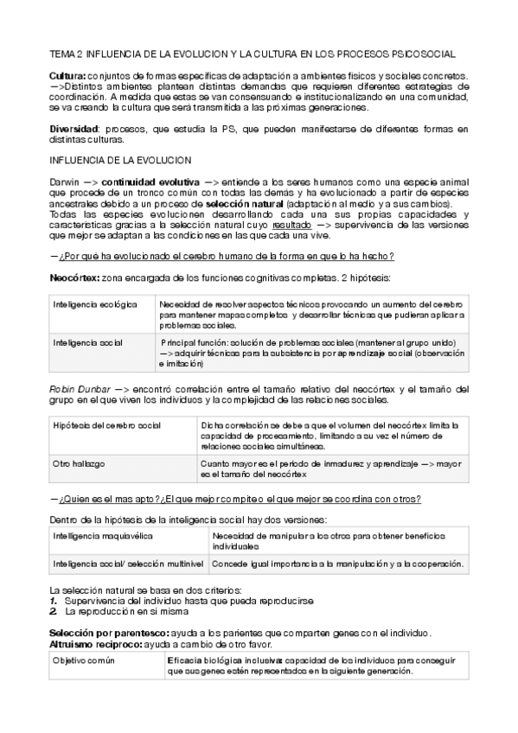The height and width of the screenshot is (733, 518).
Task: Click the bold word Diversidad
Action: tap(74, 130)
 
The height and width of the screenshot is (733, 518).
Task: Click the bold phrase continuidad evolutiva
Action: tap(150, 182)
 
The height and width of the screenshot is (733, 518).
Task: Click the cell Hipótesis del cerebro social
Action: tap(106, 426)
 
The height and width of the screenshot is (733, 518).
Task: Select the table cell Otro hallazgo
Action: tap(79, 463)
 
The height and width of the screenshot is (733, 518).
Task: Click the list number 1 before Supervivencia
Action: tap(54, 600)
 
